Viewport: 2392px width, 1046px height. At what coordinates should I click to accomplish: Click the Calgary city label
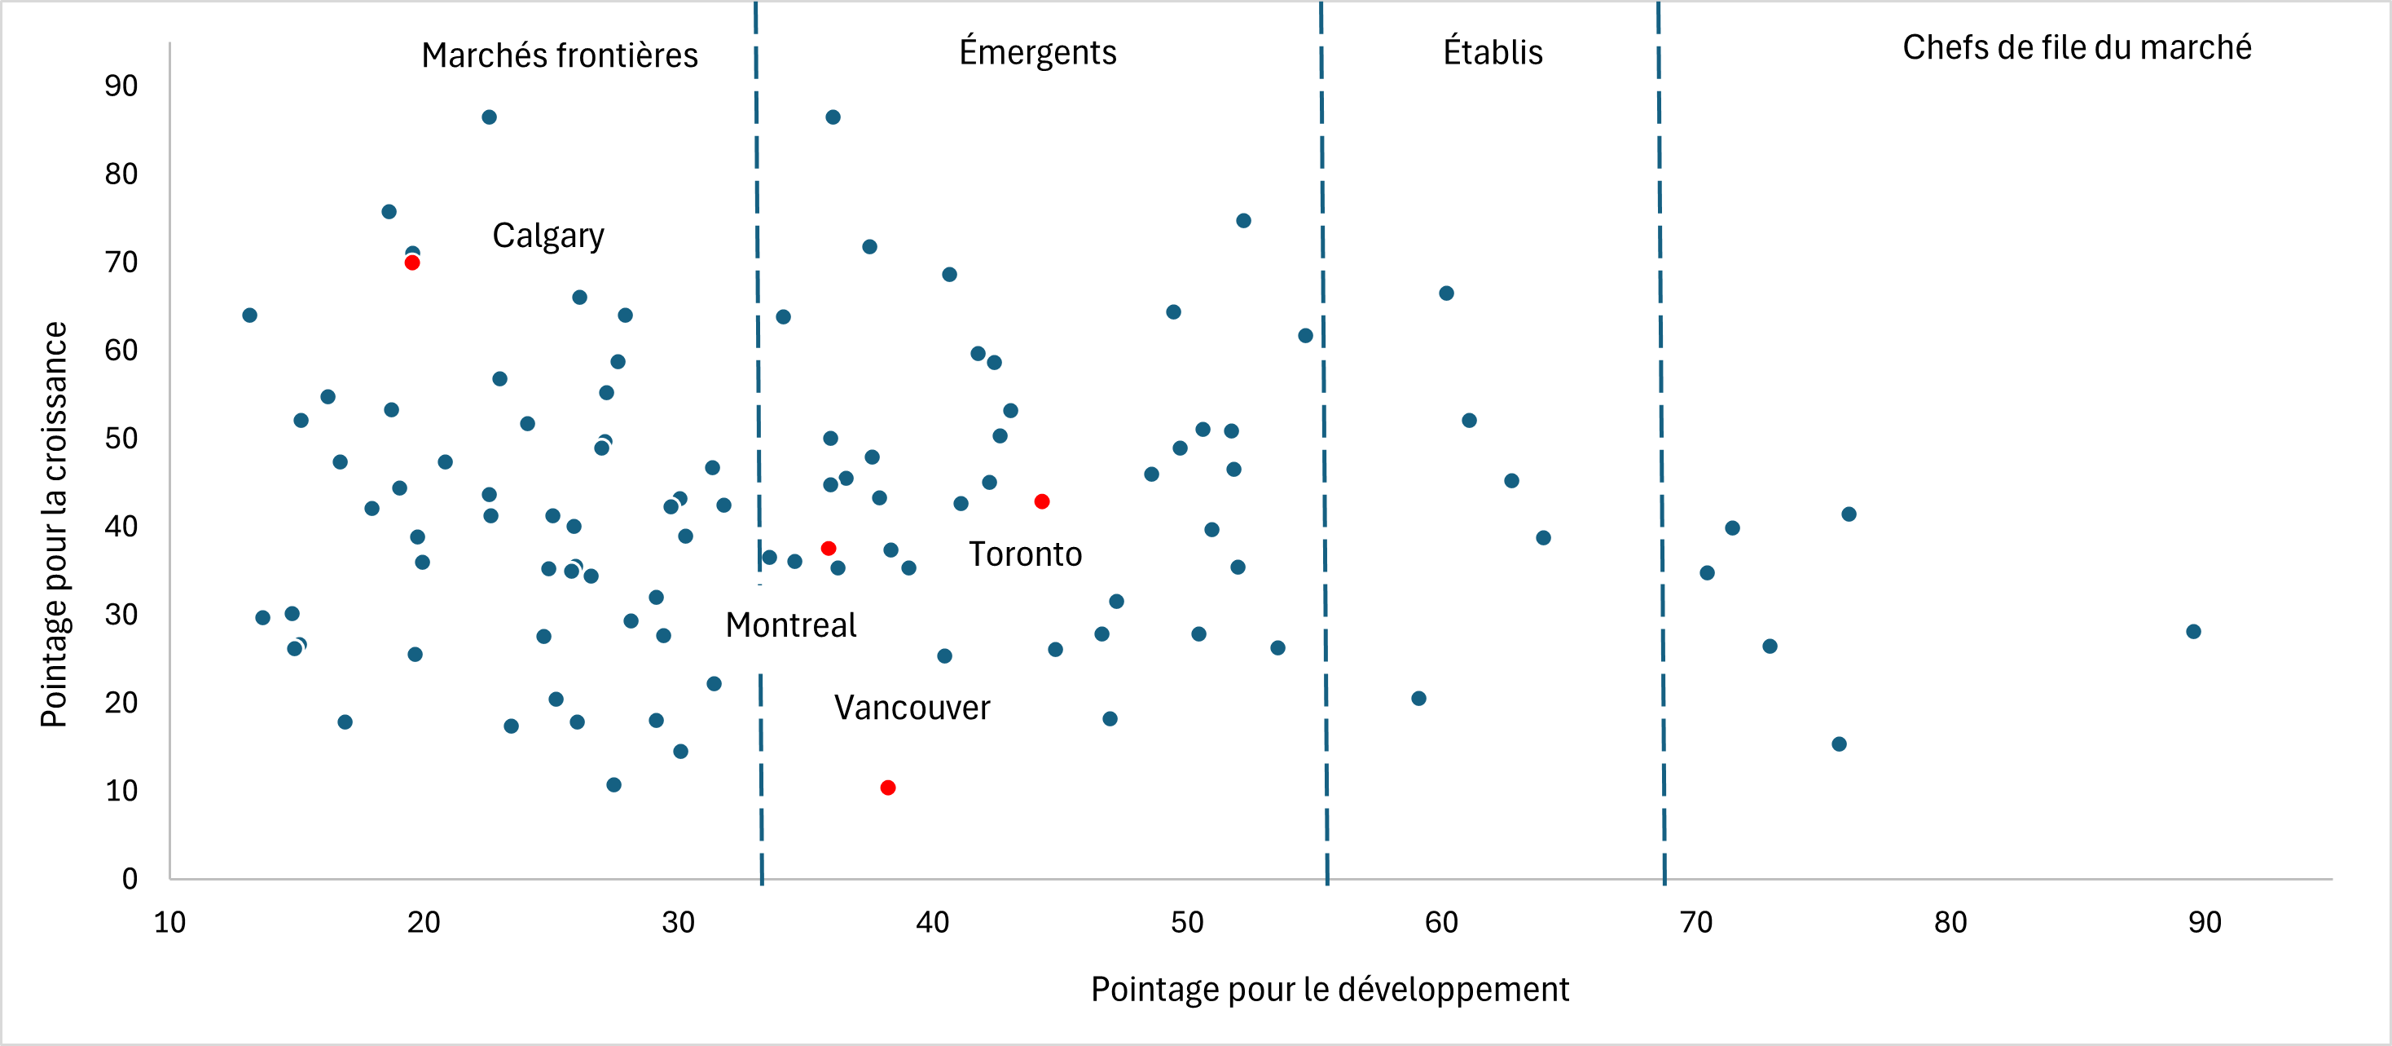tap(547, 236)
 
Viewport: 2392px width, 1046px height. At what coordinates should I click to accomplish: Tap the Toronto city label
tap(1025, 554)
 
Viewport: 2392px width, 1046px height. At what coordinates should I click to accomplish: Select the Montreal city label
tap(790, 625)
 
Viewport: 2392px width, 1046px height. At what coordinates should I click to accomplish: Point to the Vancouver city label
tap(912, 708)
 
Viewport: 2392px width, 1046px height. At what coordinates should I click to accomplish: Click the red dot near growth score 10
tap(888, 788)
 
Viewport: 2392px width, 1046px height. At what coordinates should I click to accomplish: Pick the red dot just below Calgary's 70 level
tap(412, 263)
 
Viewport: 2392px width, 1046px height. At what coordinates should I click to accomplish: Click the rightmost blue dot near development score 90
tap(2193, 632)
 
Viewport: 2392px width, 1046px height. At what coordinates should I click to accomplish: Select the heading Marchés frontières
tap(559, 55)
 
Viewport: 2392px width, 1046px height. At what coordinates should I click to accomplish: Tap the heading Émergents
tap(1037, 52)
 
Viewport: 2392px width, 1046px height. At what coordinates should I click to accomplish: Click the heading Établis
tap(1493, 52)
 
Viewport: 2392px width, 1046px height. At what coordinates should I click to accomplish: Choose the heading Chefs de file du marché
tap(2076, 47)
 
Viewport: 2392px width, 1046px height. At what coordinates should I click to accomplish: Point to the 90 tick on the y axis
tap(121, 86)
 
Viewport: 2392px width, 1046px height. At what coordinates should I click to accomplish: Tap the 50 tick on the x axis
tap(1187, 922)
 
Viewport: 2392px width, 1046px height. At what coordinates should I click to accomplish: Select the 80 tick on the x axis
tap(1950, 922)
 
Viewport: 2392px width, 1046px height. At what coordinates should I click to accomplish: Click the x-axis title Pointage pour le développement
tap(1329, 989)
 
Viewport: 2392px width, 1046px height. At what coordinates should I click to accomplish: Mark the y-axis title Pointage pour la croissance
tap(54, 524)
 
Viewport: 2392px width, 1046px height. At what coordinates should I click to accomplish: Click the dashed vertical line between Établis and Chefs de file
tap(1661, 465)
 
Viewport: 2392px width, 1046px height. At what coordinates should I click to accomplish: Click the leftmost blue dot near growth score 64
tap(250, 316)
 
